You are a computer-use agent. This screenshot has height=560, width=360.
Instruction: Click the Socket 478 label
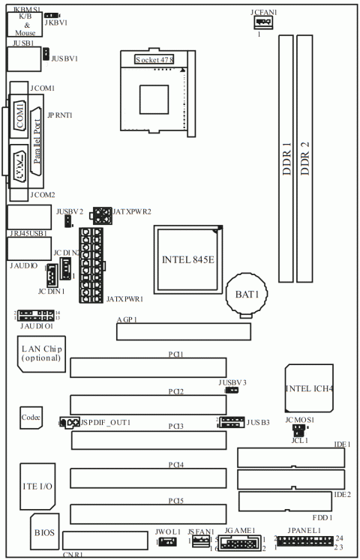tap(154, 58)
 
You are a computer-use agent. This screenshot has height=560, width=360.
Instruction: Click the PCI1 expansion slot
tap(148, 367)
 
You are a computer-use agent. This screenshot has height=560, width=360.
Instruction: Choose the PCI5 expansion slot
tap(148, 514)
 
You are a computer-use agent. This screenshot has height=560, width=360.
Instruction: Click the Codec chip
tap(31, 418)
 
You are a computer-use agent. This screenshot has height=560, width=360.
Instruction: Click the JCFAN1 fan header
tap(262, 23)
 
